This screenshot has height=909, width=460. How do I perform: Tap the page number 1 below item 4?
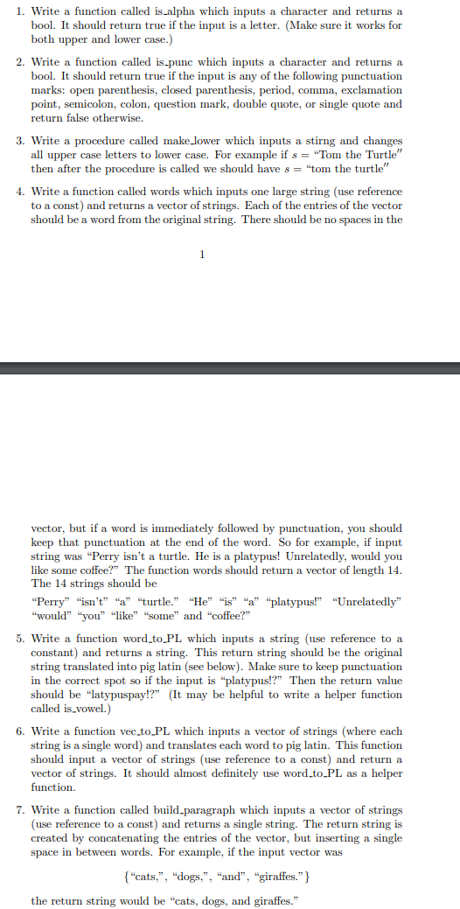tap(203, 255)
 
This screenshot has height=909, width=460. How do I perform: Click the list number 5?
tap(20, 639)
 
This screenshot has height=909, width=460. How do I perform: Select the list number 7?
tap(20, 810)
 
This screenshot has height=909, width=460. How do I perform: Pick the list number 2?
tap(20, 62)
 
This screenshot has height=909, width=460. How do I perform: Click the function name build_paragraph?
tap(199, 810)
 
